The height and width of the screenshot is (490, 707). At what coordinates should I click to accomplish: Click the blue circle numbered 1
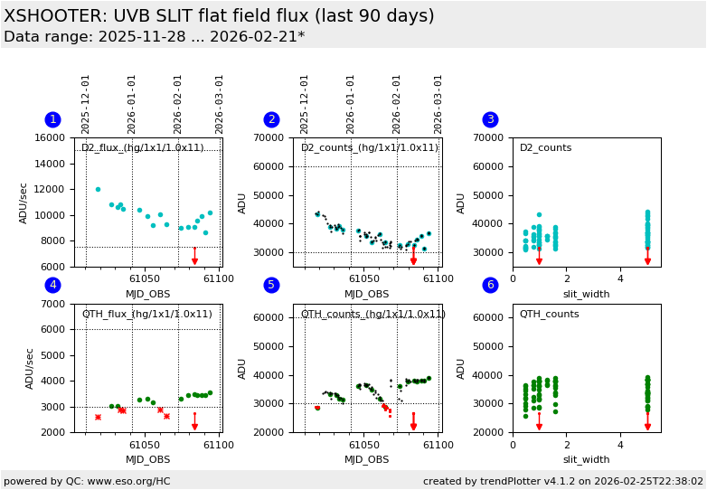coord(52,119)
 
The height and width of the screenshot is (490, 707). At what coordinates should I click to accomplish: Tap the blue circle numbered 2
coord(271,119)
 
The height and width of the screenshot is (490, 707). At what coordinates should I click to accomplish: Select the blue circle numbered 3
coord(490,119)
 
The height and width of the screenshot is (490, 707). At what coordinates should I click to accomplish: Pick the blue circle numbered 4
coord(52,285)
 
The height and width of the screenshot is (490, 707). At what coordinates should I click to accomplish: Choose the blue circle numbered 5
coord(271,285)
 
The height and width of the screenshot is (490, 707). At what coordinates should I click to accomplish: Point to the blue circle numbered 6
coord(490,285)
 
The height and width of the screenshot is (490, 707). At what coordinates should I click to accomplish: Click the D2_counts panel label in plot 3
coord(545,148)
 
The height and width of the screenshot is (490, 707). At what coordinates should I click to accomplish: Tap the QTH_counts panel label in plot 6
coord(549,314)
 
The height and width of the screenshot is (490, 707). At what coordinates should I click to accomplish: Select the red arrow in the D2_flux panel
coord(194,256)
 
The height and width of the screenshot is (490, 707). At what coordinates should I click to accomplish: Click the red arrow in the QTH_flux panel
coord(194,421)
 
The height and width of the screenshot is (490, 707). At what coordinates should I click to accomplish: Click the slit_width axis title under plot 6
coord(586,459)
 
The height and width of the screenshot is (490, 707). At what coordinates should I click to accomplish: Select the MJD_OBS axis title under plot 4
coord(148,459)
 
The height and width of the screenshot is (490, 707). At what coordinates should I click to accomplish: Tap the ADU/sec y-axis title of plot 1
coord(24,202)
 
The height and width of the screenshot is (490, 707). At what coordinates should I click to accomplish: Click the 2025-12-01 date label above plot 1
coord(87,104)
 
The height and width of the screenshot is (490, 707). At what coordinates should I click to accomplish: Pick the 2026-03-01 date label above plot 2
coord(438,104)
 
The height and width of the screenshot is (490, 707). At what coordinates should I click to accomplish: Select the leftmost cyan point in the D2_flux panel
coord(98,189)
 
